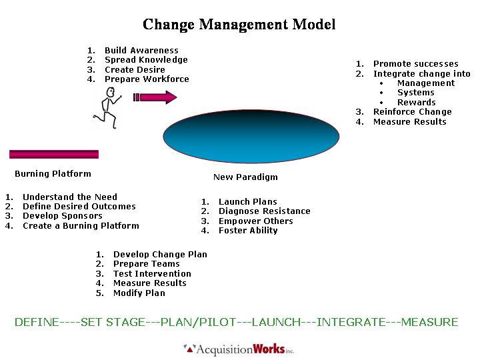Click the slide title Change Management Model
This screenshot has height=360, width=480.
(239, 25)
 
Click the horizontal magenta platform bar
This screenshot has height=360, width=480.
(54, 154)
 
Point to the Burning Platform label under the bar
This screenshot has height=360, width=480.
(53, 174)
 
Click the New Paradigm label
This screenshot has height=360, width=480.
(245, 177)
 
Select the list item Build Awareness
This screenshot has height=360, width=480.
(141, 51)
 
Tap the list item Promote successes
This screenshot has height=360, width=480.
(415, 64)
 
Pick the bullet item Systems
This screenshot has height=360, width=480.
(415, 93)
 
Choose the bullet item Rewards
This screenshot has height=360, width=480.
(416, 102)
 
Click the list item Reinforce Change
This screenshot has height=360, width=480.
(412, 112)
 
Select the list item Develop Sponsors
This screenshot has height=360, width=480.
(63, 216)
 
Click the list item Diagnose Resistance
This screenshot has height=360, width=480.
(264, 211)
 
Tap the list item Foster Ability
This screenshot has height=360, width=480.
(248, 231)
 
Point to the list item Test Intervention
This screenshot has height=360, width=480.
(152, 274)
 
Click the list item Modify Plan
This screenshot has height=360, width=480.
(139, 293)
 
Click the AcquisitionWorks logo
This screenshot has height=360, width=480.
(239, 349)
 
